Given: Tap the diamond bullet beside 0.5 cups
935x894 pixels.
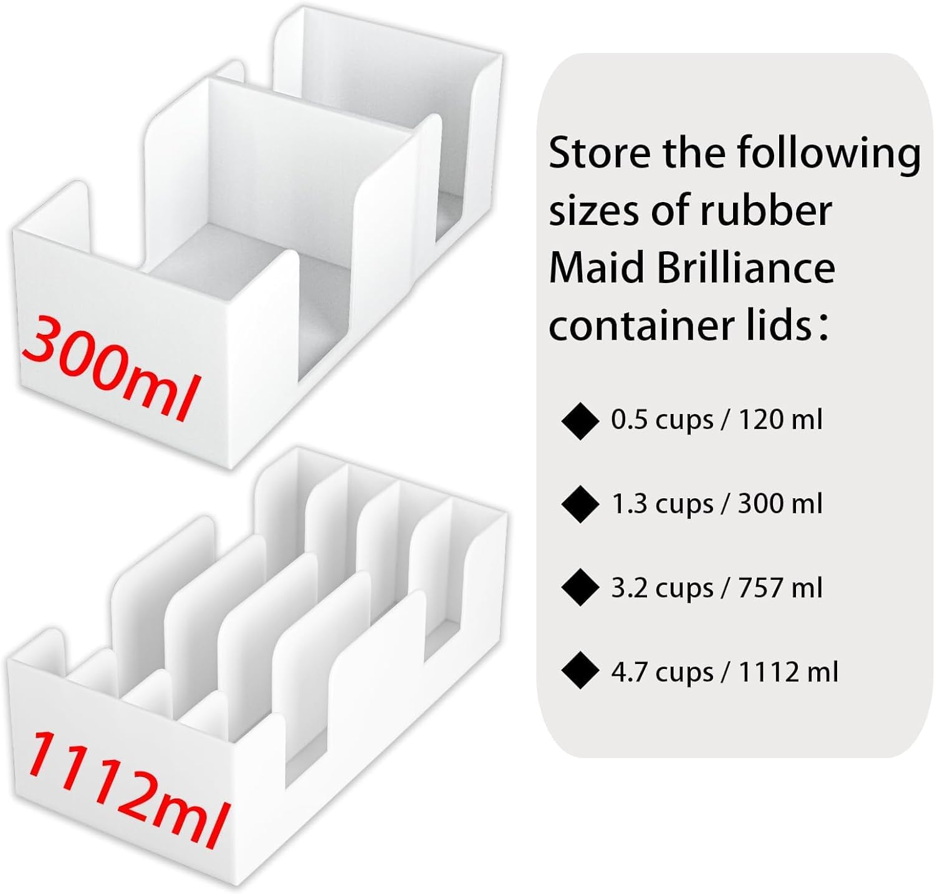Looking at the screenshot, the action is [x=580, y=421].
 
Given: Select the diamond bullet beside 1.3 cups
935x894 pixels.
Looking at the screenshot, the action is [x=580, y=505].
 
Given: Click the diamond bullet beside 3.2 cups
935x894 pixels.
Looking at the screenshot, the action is [x=580, y=589].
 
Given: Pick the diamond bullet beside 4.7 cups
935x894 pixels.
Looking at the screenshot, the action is [x=580, y=672].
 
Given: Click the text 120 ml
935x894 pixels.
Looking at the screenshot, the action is [x=780, y=420].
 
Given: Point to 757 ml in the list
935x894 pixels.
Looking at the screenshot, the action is [x=780, y=588].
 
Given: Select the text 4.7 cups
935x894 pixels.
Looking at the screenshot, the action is [x=661, y=672].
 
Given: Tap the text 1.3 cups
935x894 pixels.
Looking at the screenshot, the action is [x=661, y=504].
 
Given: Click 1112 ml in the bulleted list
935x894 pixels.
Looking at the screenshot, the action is [x=789, y=672].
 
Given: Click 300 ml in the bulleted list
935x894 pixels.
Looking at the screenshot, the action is [x=780, y=504].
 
